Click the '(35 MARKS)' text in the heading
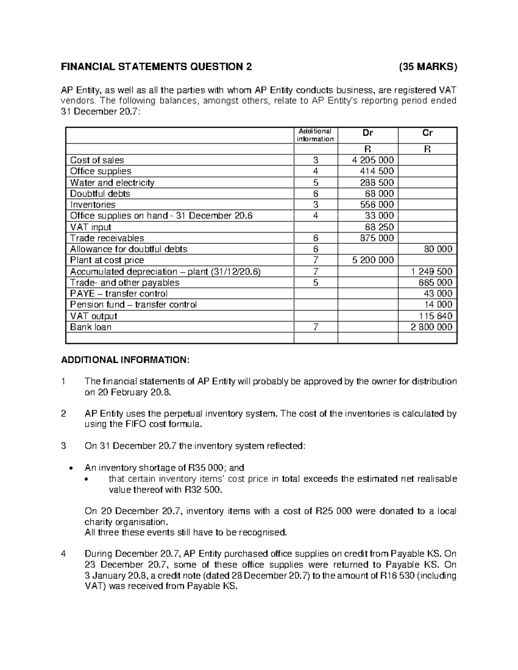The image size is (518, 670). pyautogui.click(x=427, y=67)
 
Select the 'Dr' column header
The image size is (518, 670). pyautogui.click(x=368, y=133)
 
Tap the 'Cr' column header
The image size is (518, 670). pyautogui.click(x=427, y=133)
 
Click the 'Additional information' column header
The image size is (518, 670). pyautogui.click(x=316, y=135)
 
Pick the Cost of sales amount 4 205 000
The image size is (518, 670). pyautogui.click(x=373, y=160)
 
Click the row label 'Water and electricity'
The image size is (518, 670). pyautogui.click(x=112, y=182)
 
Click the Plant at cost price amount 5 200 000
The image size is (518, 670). pyautogui.click(x=373, y=260)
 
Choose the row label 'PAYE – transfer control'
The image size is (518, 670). pyautogui.click(x=119, y=294)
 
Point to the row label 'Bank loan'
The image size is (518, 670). pyautogui.click(x=91, y=327)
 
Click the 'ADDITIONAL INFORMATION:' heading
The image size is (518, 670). pyautogui.click(x=125, y=360)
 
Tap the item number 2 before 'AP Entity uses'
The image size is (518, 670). pyautogui.click(x=63, y=414)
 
